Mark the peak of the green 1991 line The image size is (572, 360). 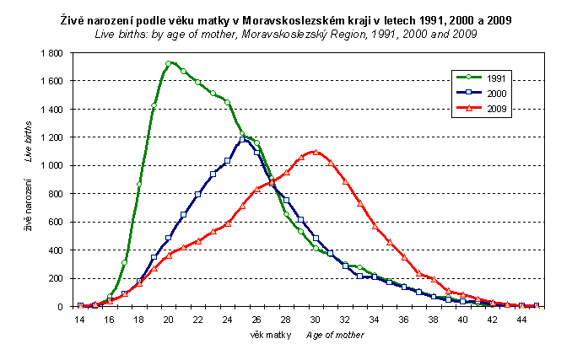(x=169, y=63)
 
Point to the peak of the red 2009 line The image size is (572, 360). (x=316, y=152)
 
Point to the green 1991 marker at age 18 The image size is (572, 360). (x=139, y=185)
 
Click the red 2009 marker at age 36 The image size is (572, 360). (x=404, y=256)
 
